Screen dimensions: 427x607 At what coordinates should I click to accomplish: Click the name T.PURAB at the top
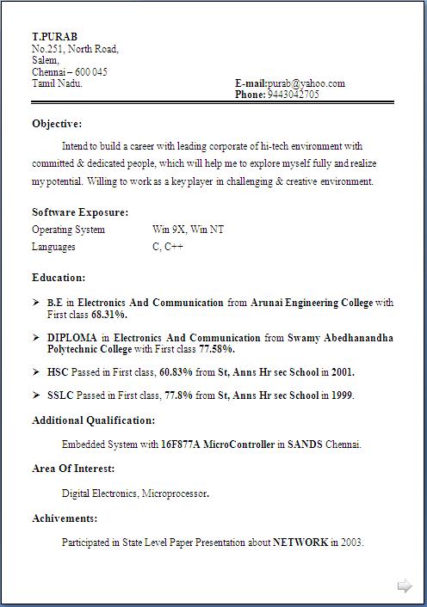click(54, 37)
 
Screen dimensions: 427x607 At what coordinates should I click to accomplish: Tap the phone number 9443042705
click(293, 95)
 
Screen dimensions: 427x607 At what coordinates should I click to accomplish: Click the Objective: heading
click(57, 124)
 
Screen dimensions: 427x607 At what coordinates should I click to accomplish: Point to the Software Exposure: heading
click(80, 212)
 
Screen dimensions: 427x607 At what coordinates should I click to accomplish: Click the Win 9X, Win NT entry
click(189, 230)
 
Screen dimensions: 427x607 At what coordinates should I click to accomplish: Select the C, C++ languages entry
click(168, 247)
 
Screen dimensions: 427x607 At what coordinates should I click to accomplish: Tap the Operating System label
click(68, 230)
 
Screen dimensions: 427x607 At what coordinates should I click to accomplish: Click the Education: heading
click(59, 278)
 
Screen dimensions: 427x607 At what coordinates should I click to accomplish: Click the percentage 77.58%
click(216, 350)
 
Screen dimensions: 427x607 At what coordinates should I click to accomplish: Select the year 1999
click(341, 395)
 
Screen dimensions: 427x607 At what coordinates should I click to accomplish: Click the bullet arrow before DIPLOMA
click(36, 338)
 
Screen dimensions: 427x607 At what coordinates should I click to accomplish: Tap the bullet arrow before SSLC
click(36, 395)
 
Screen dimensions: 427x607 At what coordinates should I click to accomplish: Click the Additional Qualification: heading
click(94, 420)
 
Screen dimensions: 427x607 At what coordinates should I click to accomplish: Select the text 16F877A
click(181, 445)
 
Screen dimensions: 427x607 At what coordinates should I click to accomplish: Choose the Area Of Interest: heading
click(73, 469)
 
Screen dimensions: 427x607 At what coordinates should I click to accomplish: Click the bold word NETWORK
click(300, 543)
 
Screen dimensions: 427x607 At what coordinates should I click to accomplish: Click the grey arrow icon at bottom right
click(405, 586)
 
